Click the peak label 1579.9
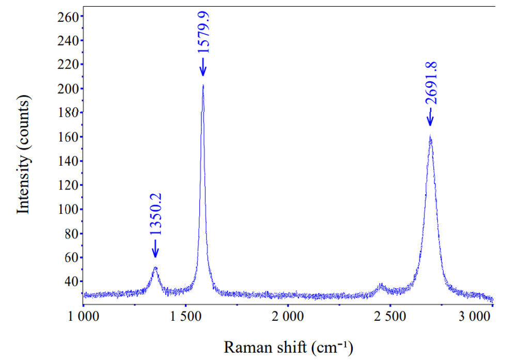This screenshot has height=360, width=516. [x=203, y=30]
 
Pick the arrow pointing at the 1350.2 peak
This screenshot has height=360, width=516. [x=154, y=250]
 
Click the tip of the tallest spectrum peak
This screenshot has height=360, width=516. [x=203, y=86]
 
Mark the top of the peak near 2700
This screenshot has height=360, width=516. [x=430, y=137]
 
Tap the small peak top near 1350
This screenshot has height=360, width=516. [x=155, y=268]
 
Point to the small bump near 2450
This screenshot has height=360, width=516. [x=381, y=285]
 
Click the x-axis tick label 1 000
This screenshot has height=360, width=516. [x=83, y=316]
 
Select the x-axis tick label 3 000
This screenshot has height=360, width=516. [x=474, y=316]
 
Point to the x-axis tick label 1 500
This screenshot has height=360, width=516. [x=185, y=316]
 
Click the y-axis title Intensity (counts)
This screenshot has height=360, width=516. [x=23, y=155]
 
